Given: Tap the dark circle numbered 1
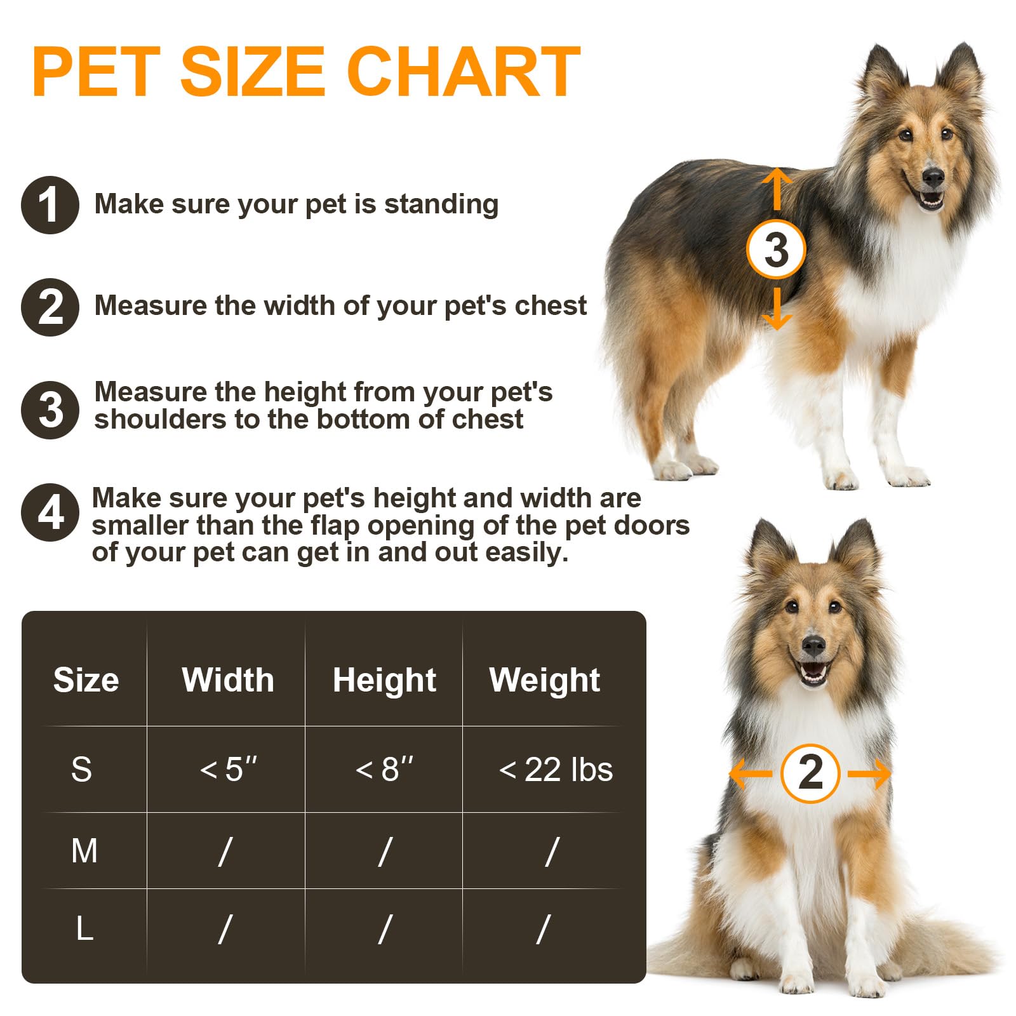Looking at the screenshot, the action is [50, 205].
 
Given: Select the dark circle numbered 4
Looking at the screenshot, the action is [50, 512].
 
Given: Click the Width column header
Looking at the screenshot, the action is [228, 680].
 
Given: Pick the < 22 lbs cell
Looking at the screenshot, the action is [556, 770].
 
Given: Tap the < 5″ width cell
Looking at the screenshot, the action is [229, 769].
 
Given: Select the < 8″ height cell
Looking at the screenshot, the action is [384, 769].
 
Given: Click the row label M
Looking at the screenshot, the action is [84, 851].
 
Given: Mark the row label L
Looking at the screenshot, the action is [84, 929].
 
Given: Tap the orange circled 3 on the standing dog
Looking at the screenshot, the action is [776, 249].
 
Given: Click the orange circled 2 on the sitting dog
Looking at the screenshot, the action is [810, 773].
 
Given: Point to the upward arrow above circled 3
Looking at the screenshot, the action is [776, 189].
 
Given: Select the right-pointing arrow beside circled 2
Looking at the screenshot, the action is [869, 773].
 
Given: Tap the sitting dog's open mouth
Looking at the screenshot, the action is [813, 672].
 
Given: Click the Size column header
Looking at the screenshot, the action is [86, 680].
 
